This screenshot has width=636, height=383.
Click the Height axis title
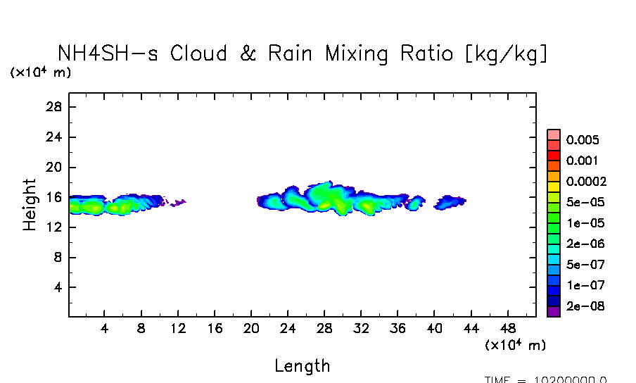29,205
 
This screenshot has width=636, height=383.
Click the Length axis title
302,365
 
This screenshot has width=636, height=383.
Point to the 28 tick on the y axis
55,107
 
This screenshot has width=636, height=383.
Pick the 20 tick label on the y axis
55,168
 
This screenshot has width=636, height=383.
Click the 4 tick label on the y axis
59,288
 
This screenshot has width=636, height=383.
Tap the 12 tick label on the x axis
178,328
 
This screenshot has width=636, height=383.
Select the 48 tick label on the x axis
508,328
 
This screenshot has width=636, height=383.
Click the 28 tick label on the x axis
324,328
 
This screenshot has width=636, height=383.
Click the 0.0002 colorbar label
586,182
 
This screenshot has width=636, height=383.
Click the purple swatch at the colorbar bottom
553,311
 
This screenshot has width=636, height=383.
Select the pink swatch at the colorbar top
553,134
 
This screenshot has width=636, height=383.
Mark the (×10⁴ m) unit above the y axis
40,72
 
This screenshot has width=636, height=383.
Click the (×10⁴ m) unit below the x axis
515,345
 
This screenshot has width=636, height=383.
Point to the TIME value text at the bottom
545,379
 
